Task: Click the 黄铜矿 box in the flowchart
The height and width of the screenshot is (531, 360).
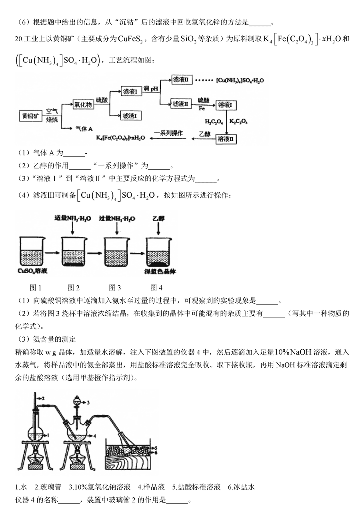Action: (x=30, y=116)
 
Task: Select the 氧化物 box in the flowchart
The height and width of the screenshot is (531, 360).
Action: (x=83, y=104)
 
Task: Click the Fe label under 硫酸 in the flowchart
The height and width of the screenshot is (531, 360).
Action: (x=202, y=108)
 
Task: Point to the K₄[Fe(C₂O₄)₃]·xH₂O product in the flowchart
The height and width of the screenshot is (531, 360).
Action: (x=120, y=138)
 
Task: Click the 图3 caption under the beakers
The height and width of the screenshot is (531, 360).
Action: (x=115, y=287)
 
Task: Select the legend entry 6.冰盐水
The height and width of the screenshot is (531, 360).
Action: (x=241, y=487)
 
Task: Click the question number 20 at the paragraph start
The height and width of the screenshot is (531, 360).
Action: (x=18, y=39)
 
